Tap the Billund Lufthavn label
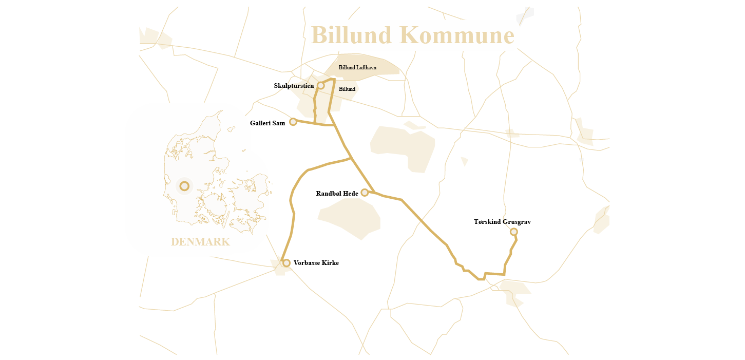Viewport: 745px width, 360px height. click(x=357, y=67)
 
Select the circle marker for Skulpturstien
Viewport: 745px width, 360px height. click(x=321, y=85)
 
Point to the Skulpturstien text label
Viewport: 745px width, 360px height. click(x=294, y=86)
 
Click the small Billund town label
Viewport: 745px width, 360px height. click(x=347, y=89)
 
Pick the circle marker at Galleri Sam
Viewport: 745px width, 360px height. click(x=293, y=122)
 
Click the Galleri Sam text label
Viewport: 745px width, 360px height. click(x=268, y=123)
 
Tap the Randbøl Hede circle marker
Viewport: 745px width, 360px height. click(x=365, y=193)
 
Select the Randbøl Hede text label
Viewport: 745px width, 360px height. click(x=337, y=194)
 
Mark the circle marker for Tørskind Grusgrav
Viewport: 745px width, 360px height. click(x=514, y=232)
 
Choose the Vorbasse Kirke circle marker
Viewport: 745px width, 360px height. click(x=286, y=263)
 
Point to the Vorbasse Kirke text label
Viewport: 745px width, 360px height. click(x=316, y=263)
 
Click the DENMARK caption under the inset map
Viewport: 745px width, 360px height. click(x=200, y=242)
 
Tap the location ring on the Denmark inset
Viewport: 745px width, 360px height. click(x=184, y=186)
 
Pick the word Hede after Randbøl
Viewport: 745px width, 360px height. click(x=350, y=194)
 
